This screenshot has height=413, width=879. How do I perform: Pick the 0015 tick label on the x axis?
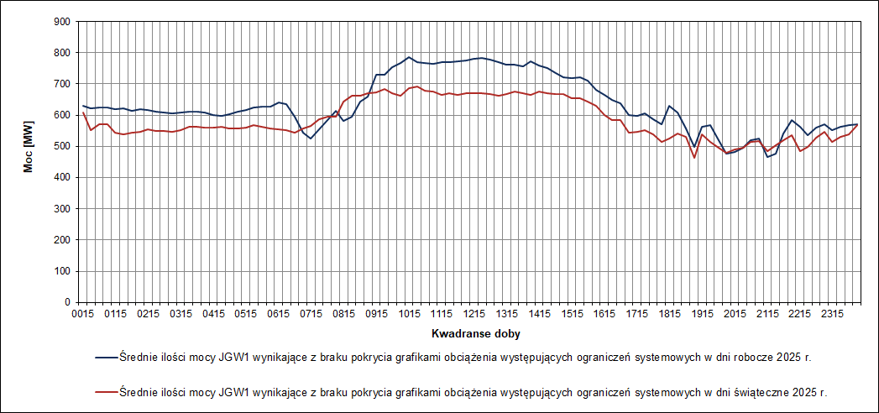pos(81,314)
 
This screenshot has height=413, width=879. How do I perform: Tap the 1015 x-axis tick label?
pos(409,314)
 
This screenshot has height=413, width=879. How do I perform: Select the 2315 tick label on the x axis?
pos(834,314)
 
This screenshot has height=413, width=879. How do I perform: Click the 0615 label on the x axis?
pos(278,314)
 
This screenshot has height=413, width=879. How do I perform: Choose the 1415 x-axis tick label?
pos(540,314)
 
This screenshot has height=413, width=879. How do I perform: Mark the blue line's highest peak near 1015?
pos(409,57)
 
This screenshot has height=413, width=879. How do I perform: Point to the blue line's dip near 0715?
pos(311,138)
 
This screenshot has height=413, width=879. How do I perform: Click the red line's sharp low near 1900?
pos(694,158)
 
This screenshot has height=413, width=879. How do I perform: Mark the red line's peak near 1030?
pos(417,86)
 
